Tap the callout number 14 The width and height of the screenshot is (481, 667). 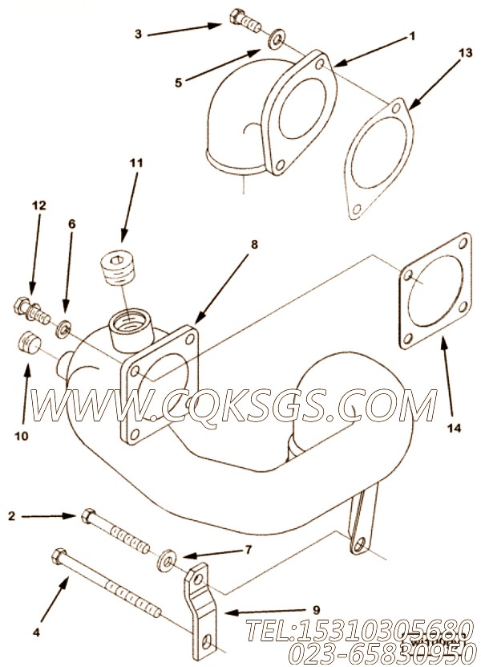click(x=454, y=429)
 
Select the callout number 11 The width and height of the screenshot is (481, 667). click(x=136, y=163)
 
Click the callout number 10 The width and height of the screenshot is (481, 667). click(x=21, y=436)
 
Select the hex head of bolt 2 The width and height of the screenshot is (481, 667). click(x=88, y=514)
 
